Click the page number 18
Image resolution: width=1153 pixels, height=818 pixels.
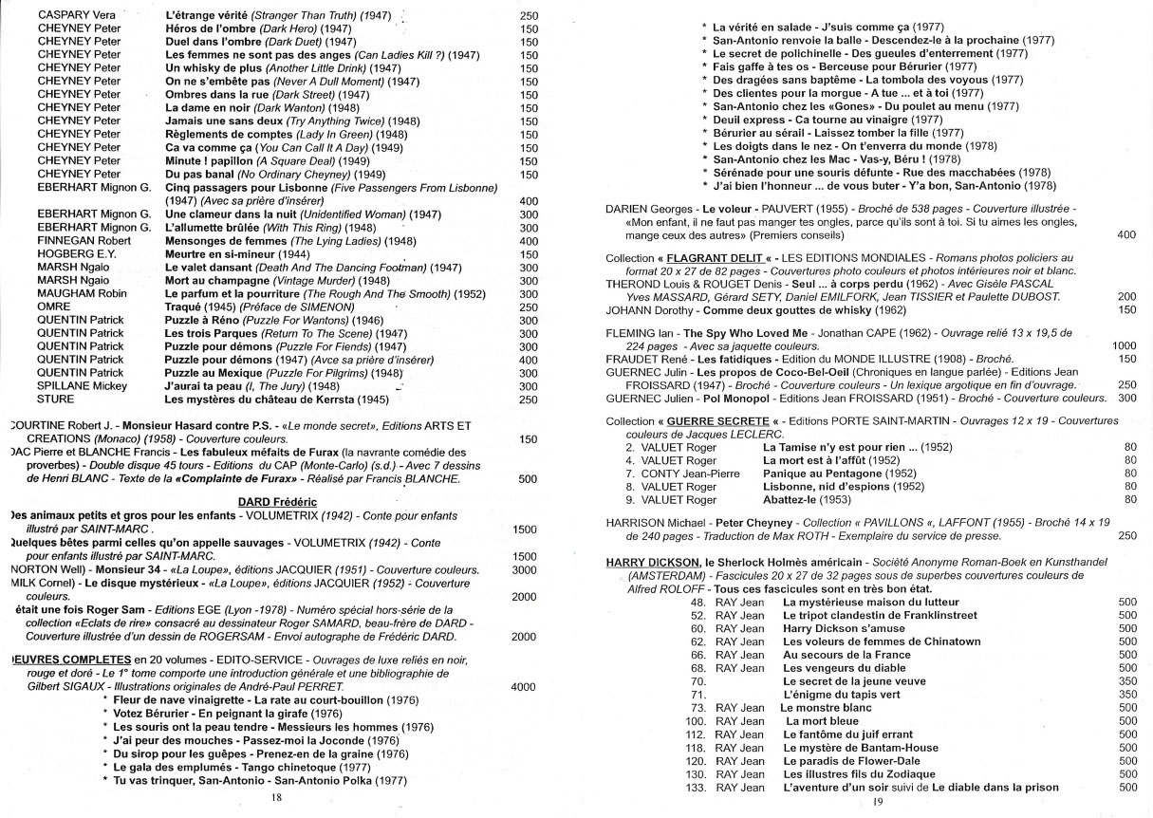[277, 798]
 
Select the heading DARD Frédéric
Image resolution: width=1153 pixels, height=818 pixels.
[277, 501]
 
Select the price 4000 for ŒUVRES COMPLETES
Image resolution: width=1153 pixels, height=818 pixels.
[524, 686]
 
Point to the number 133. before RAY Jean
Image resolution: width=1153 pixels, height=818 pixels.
[697, 788]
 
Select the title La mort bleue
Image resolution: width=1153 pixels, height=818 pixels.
[821, 721]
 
